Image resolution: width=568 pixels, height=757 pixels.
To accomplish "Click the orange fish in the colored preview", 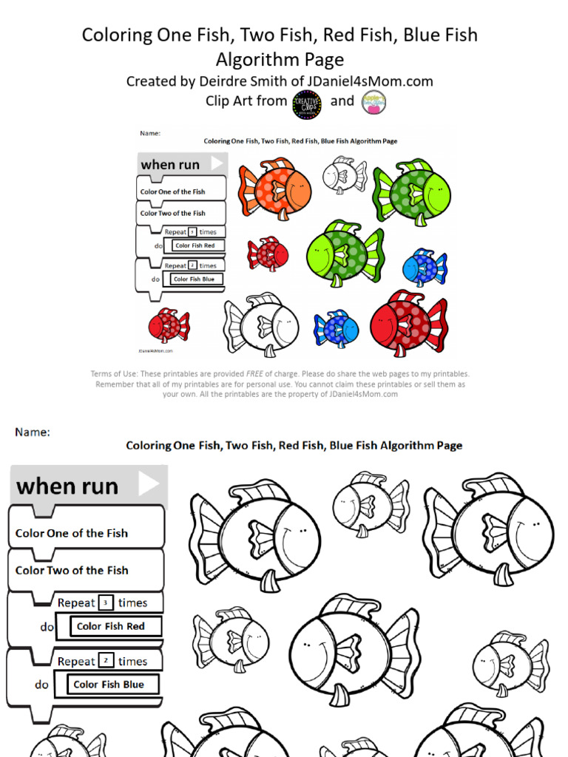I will [274, 189].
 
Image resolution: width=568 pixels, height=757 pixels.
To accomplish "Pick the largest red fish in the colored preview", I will [408, 323].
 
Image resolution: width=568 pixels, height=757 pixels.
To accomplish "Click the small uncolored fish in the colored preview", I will [344, 174].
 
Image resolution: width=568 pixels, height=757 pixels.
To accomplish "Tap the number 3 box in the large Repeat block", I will [106, 602].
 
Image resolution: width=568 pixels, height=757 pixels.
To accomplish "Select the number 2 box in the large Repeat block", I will [106, 661].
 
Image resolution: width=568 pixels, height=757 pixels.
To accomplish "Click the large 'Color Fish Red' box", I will [110, 626].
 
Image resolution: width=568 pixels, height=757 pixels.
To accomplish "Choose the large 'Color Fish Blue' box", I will [109, 685].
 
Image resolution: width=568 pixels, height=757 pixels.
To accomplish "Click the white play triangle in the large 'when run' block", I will [148, 484].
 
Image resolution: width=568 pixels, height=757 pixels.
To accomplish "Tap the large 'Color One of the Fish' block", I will [72, 533].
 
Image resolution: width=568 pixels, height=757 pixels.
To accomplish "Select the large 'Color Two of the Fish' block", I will [72, 570].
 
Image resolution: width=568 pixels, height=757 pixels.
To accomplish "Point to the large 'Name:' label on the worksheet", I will [33, 432].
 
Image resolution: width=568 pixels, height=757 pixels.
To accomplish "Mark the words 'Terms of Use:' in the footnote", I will [114, 374].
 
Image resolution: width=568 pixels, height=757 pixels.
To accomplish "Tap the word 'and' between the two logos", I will [342, 101].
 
